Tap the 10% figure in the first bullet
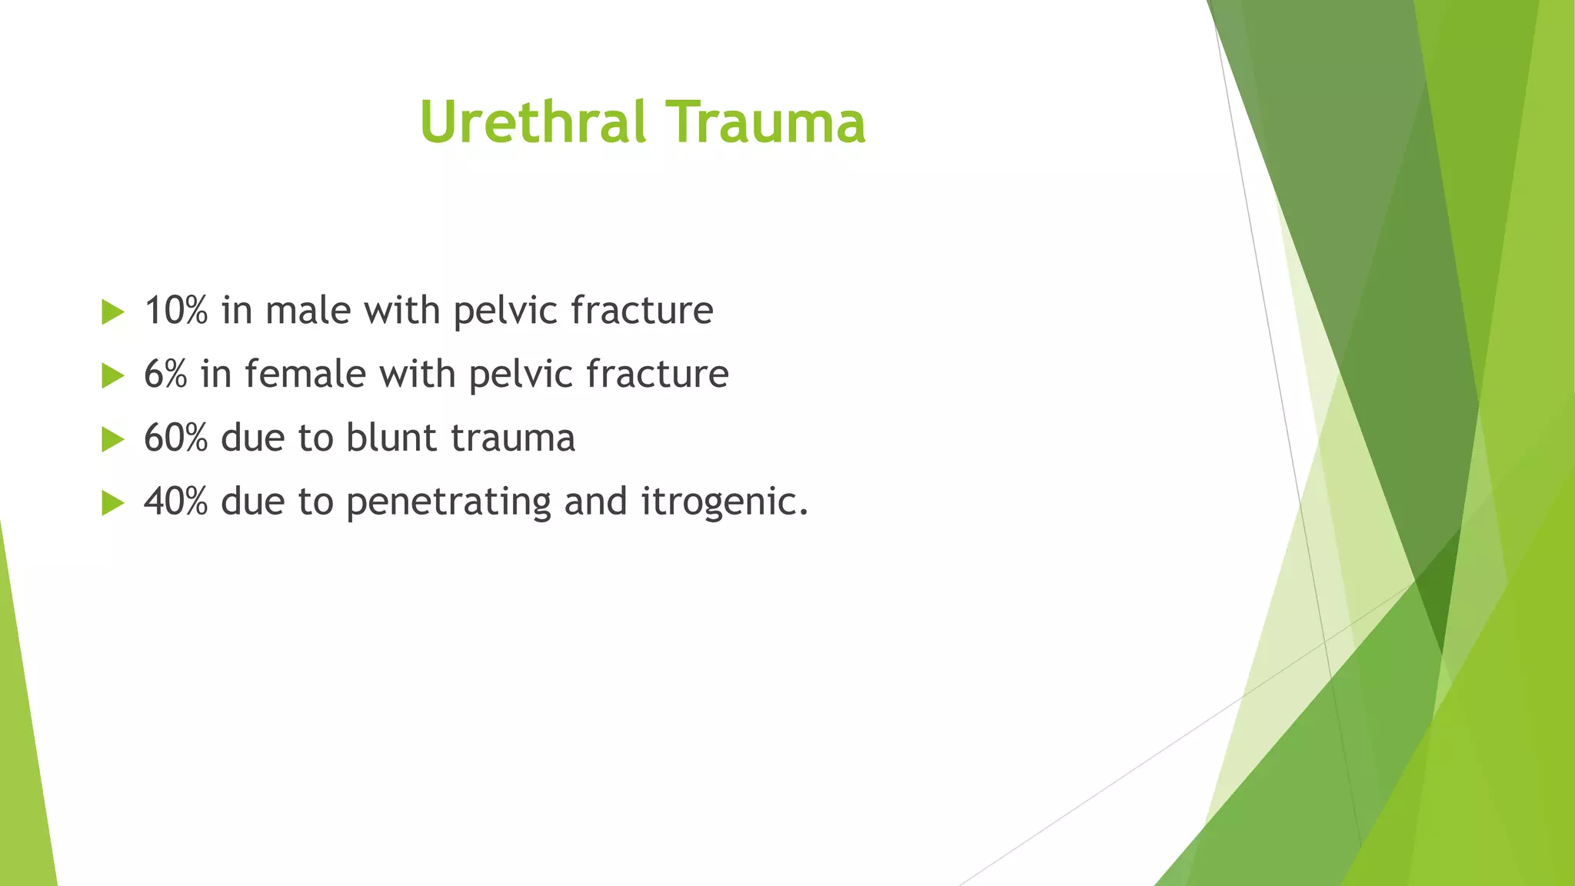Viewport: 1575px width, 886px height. pos(176,311)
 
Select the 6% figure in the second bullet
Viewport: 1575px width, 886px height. pos(165,375)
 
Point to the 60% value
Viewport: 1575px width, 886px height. pos(176,438)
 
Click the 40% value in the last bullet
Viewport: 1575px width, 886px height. pos(176,502)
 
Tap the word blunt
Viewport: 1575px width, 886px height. pos(391,438)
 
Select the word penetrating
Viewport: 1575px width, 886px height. pos(448,502)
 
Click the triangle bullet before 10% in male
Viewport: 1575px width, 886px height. pos(112,312)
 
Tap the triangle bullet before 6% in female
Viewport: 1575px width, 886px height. pos(112,376)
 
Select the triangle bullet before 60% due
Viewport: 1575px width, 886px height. pos(112,440)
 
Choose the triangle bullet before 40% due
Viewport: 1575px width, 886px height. pos(112,504)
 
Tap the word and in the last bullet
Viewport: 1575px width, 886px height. pos(595,502)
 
